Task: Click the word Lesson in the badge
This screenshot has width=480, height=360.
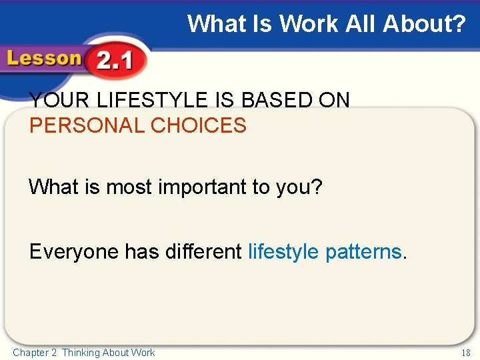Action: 43,59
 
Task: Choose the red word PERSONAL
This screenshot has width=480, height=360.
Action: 84,125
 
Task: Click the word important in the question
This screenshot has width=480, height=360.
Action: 203,187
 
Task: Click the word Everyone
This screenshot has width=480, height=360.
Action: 75,251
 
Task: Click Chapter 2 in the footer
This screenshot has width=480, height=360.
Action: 35,353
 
